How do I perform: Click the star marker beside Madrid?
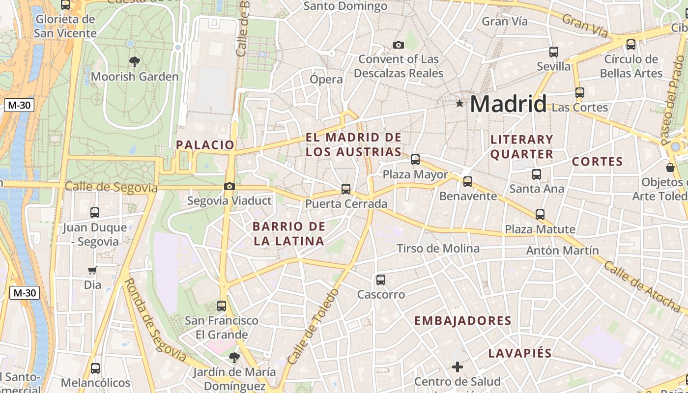(459, 103)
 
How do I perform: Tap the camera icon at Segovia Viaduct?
(229, 186)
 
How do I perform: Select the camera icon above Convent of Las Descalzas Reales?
(399, 45)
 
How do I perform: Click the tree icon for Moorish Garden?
(134, 61)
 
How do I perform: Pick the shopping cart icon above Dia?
(92, 270)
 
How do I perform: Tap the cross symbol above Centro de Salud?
(458, 366)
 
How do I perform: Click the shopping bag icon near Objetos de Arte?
(670, 168)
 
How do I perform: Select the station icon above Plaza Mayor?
(415, 159)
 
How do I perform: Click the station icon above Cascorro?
(381, 280)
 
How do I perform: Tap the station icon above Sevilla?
(554, 52)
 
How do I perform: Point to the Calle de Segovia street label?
(111, 187)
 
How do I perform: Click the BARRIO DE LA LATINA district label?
(289, 233)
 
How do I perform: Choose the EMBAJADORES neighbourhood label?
(463, 321)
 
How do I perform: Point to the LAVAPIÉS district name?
(520, 353)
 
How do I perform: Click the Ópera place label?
(326, 79)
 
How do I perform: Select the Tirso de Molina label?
(438, 249)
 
